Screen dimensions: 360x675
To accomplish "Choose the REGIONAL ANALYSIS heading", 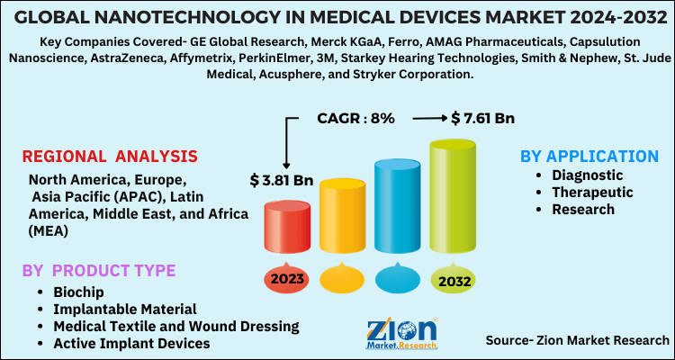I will (110, 157).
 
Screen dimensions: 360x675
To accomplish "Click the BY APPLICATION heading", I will (589, 156).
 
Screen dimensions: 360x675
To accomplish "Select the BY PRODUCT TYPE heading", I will (99, 271).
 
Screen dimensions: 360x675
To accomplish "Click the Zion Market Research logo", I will (401, 332).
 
